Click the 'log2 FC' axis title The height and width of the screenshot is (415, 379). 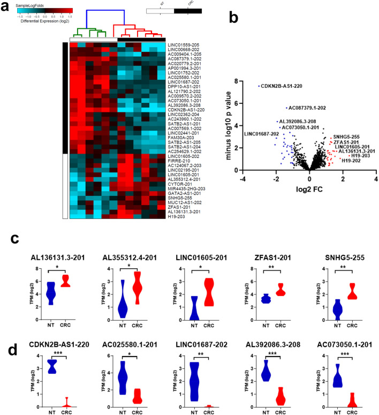[309, 189]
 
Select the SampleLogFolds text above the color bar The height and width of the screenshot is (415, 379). [35, 4]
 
